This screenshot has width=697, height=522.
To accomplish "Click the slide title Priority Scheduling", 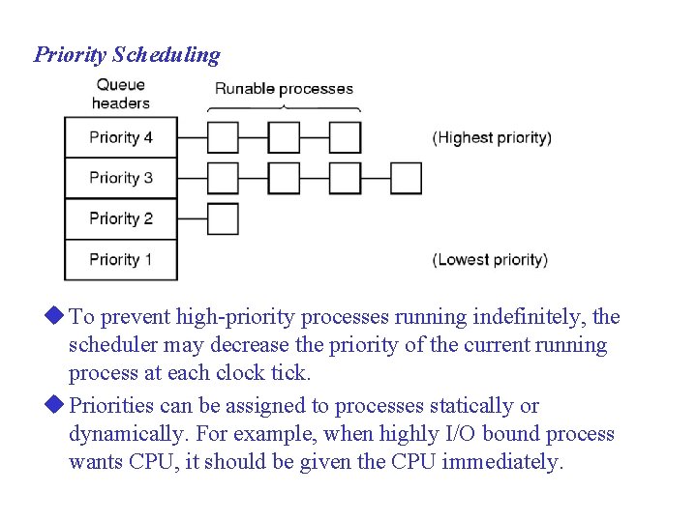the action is tap(127, 55).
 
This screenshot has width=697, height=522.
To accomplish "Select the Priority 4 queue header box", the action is tap(121, 137).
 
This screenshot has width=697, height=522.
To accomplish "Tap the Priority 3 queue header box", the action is tap(121, 178).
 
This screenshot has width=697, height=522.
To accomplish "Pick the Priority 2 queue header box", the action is tap(121, 218).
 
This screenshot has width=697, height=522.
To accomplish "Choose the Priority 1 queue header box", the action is tap(121, 259).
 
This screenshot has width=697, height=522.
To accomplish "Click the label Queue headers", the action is tap(121, 94).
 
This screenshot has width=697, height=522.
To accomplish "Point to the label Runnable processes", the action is tap(284, 89).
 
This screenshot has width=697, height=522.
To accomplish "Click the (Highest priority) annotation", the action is tap(492, 137).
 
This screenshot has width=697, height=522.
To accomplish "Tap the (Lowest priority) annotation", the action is tap(490, 259).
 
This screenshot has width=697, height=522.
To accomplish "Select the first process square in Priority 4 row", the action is tap(223, 137).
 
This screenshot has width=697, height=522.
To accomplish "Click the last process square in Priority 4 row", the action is tap(345, 137).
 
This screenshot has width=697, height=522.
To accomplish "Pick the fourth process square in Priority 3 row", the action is tap(406, 178).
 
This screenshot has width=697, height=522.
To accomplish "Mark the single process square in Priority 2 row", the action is tap(223, 218).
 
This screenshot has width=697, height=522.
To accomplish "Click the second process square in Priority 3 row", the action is tap(284, 178).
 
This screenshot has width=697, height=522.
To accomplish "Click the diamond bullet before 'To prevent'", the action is tap(54, 315).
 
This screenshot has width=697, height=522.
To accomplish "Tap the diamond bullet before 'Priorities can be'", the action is tap(54, 404).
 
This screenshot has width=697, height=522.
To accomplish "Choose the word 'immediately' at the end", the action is tap(501, 463).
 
